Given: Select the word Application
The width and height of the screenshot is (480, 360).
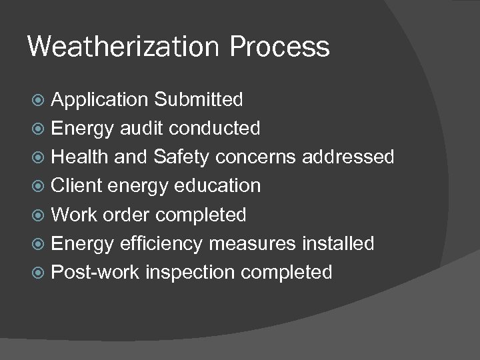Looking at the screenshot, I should coord(99,100).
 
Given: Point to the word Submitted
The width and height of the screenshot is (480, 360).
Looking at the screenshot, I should coord(198,100).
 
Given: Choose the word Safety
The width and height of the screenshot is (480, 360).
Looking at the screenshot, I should coord(185,157).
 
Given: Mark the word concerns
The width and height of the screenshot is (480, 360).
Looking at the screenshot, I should coord(259,157).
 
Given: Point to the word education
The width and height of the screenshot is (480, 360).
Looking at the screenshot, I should coord(217,186).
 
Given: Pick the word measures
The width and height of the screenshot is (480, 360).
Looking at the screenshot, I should coord(252,244).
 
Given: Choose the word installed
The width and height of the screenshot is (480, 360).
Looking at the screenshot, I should coord(338,244).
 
